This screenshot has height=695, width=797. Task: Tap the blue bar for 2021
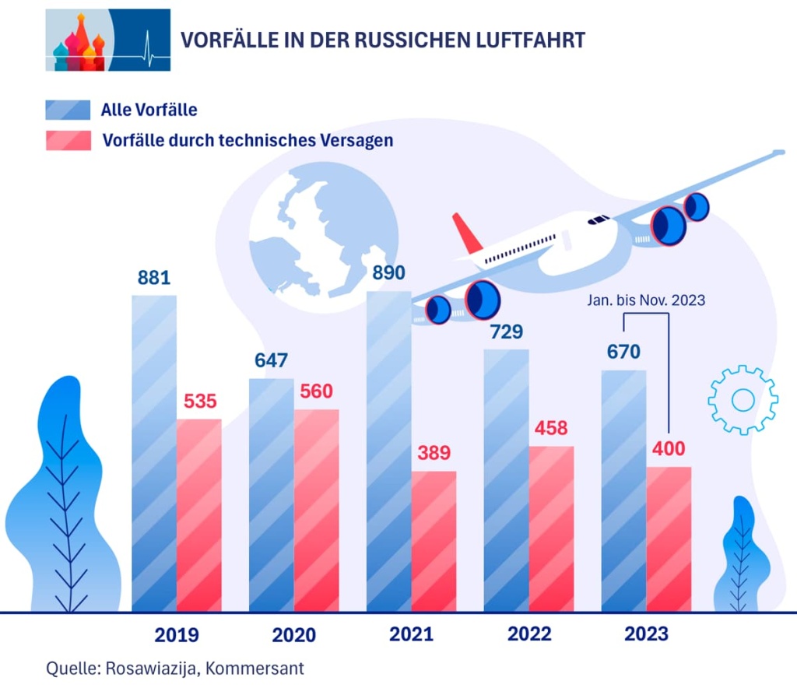tap(388, 451)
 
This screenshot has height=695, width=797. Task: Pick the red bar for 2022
tap(551, 528)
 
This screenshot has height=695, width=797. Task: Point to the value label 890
tap(388, 273)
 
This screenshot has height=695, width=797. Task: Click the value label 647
tap(271, 360)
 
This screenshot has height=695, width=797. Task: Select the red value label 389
tap(434, 453)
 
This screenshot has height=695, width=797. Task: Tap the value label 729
tap(506, 332)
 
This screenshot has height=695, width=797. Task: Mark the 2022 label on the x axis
tap(529, 634)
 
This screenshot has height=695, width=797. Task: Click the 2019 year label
tap(177, 635)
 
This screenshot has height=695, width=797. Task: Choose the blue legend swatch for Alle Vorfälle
tap(68, 110)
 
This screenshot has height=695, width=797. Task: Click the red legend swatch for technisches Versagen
tap(68, 141)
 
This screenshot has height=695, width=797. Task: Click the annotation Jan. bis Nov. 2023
tap(647, 299)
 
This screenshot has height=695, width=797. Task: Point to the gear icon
tap(743, 399)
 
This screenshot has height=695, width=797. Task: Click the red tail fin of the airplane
tap(467, 232)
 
